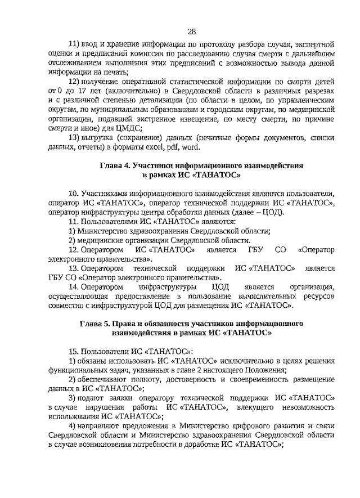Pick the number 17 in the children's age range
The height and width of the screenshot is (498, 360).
[85, 91]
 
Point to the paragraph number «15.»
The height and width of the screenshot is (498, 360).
[73, 351]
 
